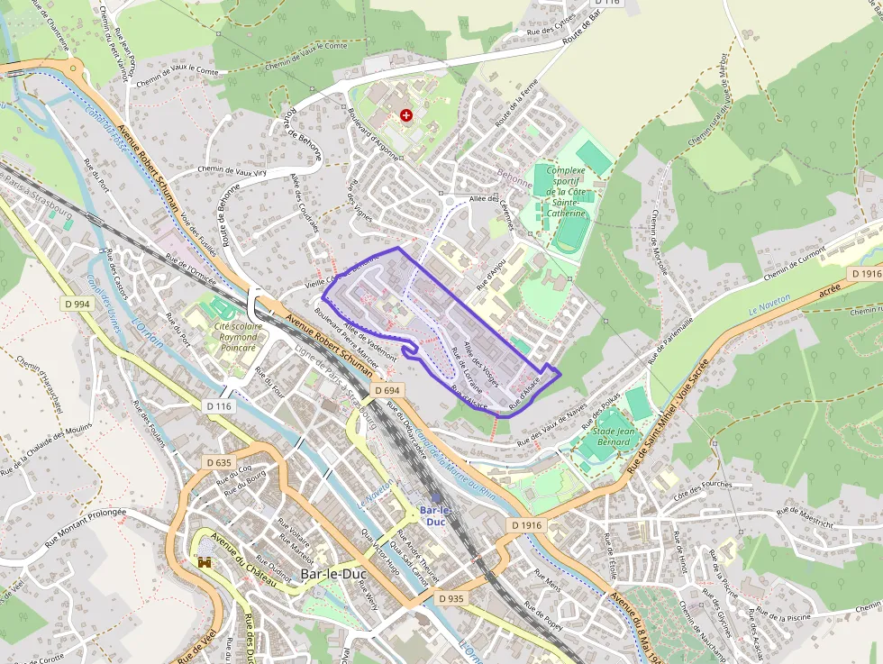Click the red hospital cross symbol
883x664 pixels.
tap(406, 115)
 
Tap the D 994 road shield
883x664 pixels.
tap(77, 305)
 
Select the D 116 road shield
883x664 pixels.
tap(219, 406)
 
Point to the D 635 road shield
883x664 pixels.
tap(219, 463)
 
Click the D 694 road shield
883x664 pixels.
tap(385, 390)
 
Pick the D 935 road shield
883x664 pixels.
tap(451, 598)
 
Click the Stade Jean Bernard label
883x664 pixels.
tap(612, 437)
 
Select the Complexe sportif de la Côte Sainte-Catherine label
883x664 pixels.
tap(566, 192)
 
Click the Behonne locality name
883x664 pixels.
tap(514, 180)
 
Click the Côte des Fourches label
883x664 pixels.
tap(703, 490)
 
